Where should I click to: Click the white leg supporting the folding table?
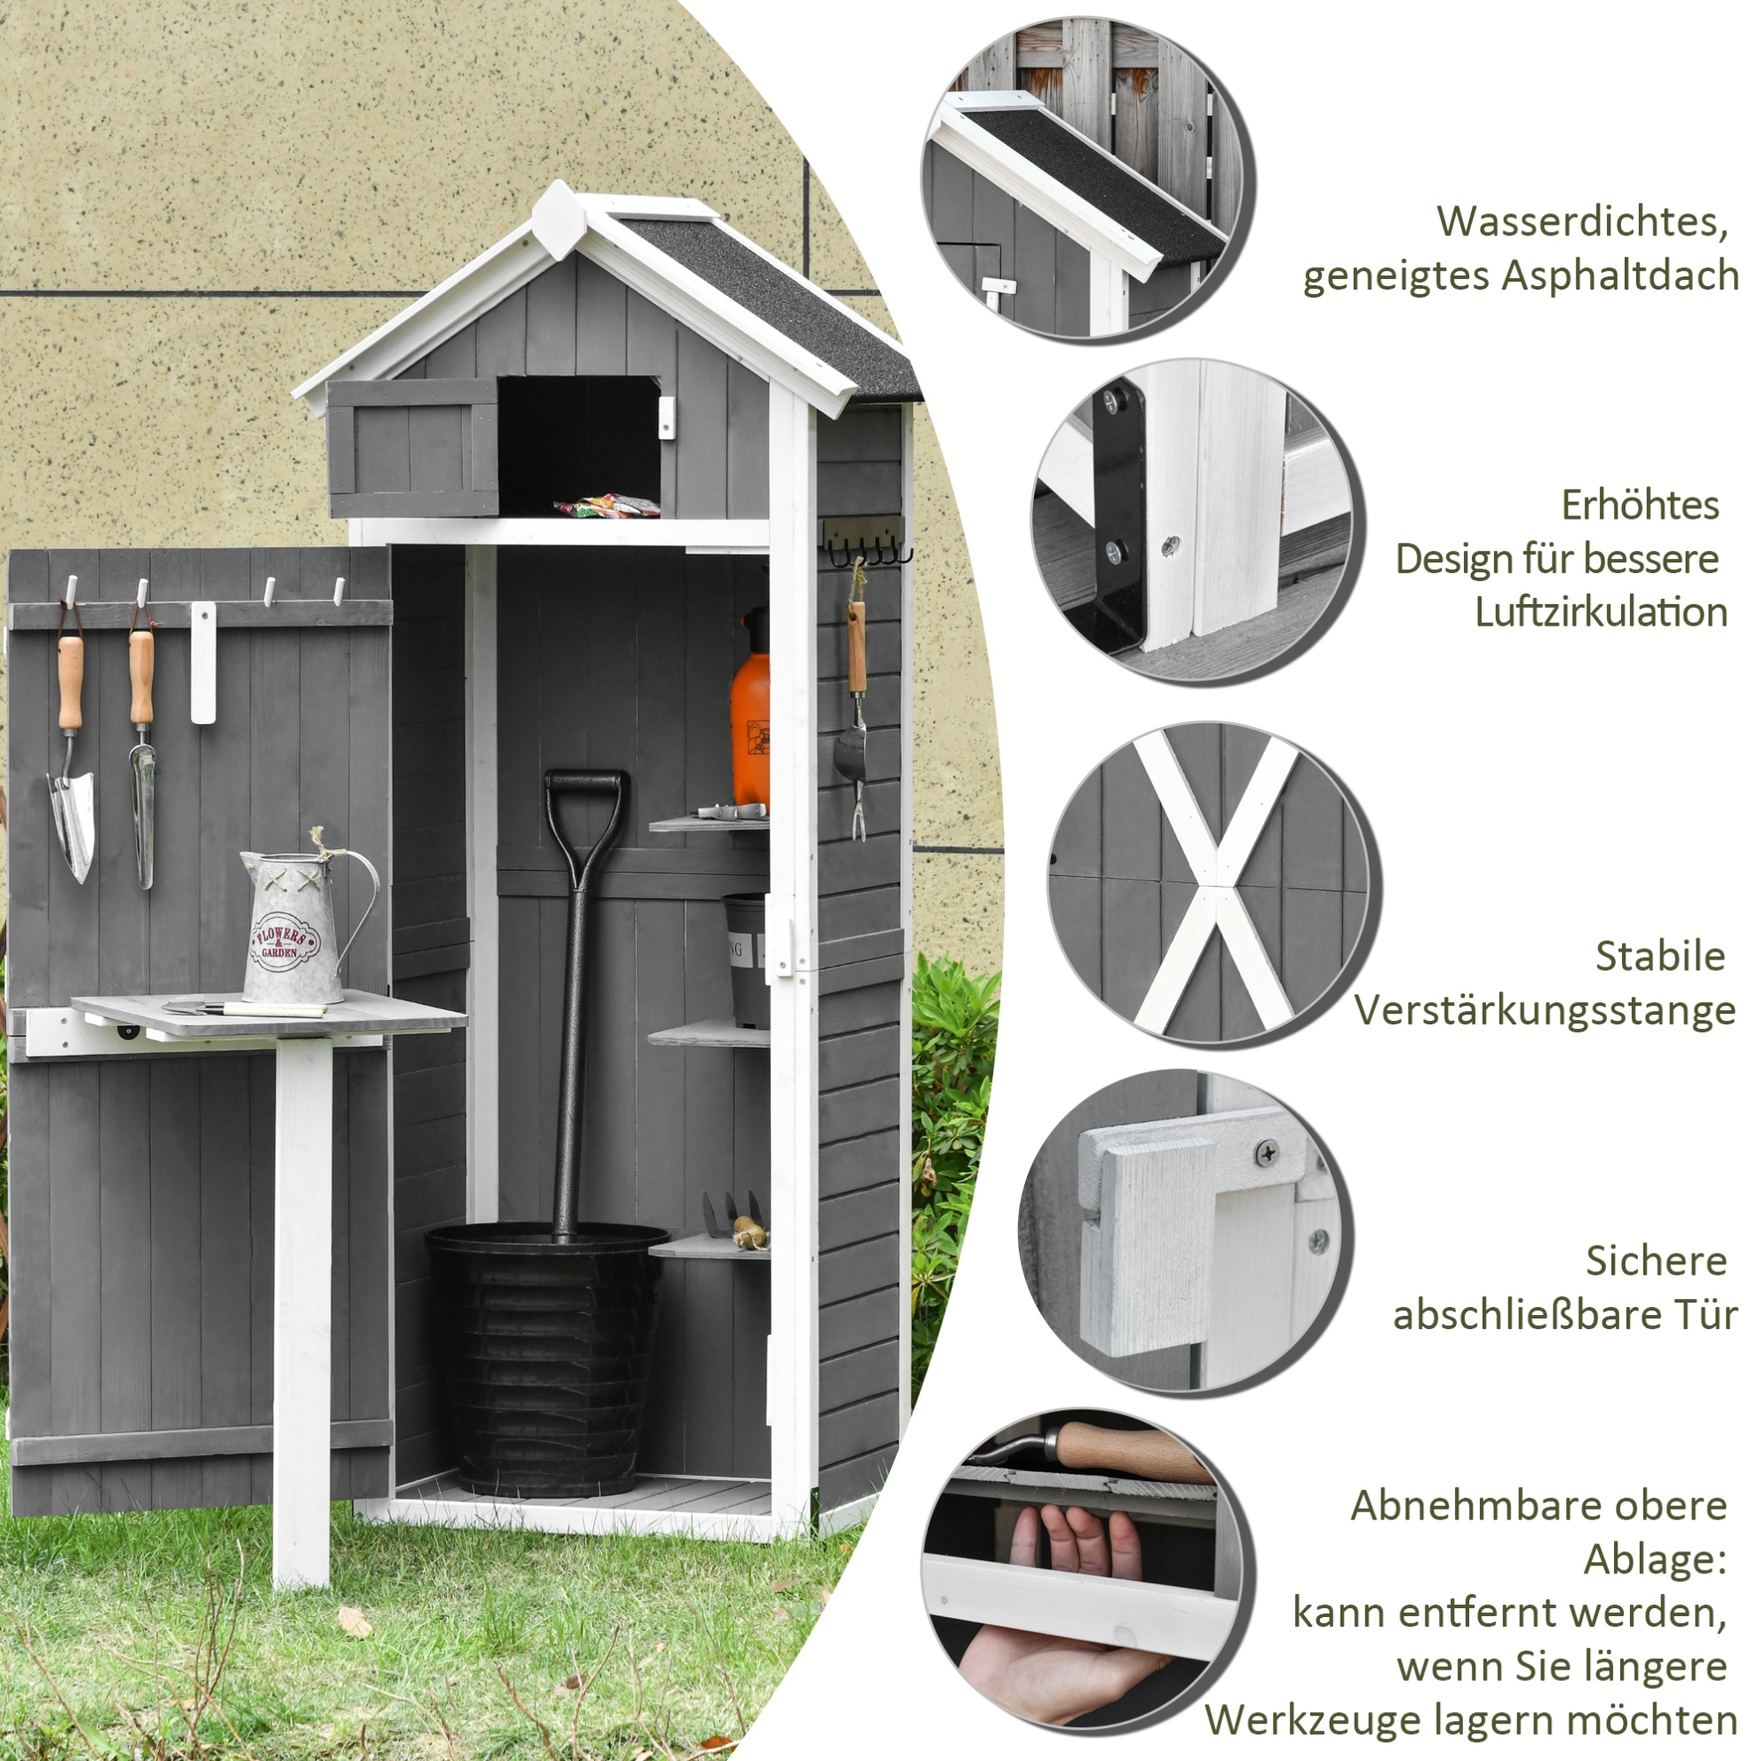tap(303, 1312)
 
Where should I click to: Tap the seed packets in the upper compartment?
tap(607, 505)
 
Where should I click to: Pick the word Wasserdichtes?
tap(1583, 221)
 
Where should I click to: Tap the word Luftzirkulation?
tap(1601, 611)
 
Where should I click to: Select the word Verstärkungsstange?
tap(1545, 1011)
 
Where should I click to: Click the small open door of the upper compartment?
tap(413, 448)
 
